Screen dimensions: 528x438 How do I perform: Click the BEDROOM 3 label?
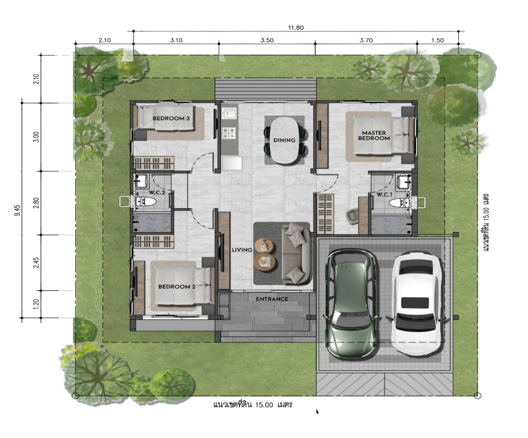coord(171,118)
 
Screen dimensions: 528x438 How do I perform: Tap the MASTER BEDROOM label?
coord(374,135)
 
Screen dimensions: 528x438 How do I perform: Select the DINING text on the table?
coord(284,140)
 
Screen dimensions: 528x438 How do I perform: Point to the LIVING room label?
coord(242,250)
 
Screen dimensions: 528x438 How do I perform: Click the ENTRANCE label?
coord(272,299)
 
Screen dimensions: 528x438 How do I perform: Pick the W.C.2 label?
coord(157,193)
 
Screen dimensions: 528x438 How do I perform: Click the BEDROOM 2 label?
coord(177,287)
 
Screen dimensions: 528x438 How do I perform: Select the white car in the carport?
coord(417,304)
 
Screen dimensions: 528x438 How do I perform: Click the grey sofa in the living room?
coord(296,253)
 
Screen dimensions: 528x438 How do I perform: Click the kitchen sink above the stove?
coord(229,112)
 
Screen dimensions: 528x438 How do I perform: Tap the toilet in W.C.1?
coord(399,203)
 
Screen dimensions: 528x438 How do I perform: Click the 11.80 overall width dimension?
coord(296,28)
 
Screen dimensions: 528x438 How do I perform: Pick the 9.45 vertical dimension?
coord(17,211)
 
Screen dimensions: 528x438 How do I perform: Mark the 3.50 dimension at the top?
coord(267,40)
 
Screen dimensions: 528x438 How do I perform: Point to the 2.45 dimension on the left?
coord(36,263)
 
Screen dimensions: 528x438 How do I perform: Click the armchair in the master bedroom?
coord(353,216)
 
